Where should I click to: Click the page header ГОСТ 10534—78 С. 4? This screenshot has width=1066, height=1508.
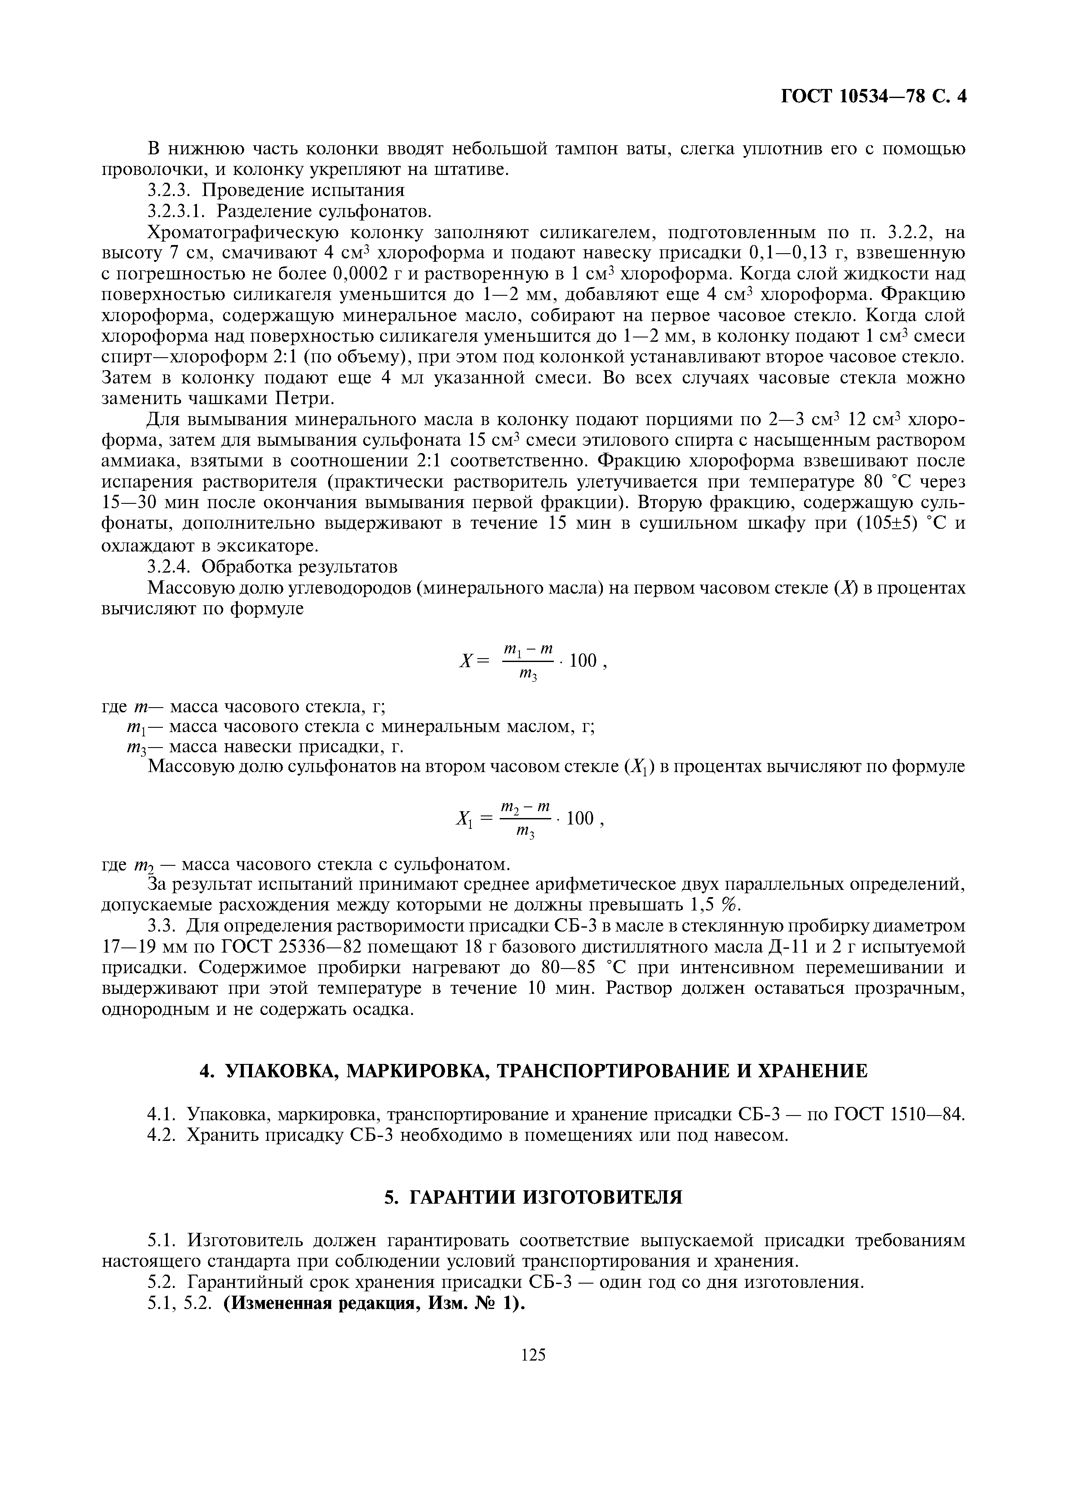coord(873,97)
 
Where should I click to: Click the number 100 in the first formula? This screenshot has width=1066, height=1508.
coord(583,660)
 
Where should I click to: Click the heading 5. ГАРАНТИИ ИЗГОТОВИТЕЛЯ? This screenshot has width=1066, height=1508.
coord(533,1197)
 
